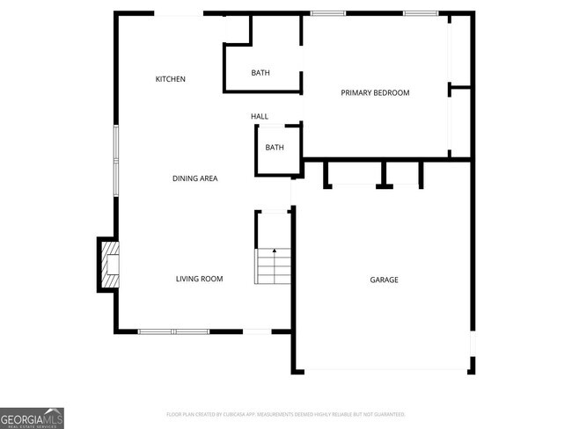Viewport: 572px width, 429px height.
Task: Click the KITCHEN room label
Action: pos(170,79)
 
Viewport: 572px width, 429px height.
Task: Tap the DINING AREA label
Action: pos(194,178)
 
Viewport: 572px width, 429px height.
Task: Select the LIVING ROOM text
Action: pos(199,279)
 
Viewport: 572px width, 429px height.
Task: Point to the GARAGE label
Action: pos(384,280)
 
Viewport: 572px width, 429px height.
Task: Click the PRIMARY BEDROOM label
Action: pos(375,92)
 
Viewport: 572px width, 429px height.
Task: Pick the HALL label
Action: pos(260,116)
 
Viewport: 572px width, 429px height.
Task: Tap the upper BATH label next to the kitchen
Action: pos(260,73)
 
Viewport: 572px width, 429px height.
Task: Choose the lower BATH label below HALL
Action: pos(275,148)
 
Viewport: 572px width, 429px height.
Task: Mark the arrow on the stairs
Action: pos(274,252)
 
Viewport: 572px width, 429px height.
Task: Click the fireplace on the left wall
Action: pos(108,264)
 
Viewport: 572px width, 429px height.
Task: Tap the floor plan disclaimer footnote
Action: pos(285,413)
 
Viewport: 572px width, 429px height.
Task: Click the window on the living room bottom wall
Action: pos(173,331)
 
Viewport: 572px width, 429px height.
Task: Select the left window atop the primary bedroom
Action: pos(327,13)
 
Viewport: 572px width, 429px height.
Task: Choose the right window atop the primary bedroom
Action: pos(421,13)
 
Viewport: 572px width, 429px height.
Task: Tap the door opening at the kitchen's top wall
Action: pos(180,13)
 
